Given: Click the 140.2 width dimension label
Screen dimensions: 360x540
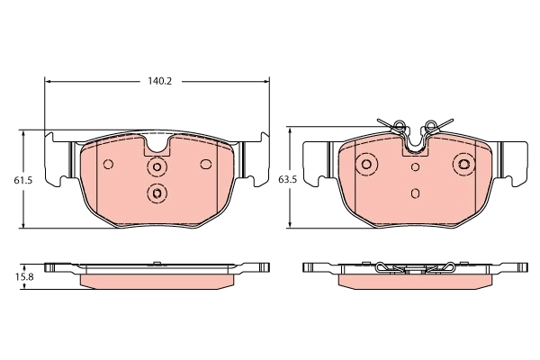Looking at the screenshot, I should (x=158, y=81).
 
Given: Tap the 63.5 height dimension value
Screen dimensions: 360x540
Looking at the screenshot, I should (x=288, y=180).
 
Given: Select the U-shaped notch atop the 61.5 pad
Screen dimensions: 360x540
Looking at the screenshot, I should (x=158, y=145).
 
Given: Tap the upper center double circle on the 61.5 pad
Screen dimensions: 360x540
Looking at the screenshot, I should (x=158, y=166).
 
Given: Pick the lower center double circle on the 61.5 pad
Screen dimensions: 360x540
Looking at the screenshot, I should (x=157, y=193).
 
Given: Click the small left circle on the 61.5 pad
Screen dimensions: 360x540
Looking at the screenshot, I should (x=108, y=164).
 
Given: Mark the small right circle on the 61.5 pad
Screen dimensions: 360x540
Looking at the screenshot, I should (x=206, y=164).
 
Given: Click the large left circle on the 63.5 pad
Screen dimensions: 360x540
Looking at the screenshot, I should (x=366, y=164).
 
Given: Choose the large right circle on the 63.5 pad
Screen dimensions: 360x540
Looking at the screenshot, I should (x=463, y=164).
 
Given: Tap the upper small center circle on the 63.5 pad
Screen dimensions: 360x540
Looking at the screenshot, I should (x=415, y=166).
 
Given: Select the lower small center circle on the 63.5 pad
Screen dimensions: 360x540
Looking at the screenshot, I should (x=415, y=193).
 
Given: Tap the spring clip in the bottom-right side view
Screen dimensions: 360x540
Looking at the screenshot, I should (x=415, y=266).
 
